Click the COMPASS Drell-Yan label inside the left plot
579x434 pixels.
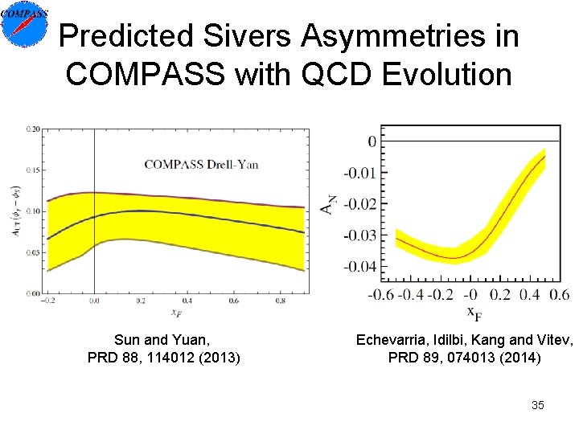pyautogui.click(x=201, y=165)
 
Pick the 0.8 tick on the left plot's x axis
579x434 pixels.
pyautogui.click(x=281, y=301)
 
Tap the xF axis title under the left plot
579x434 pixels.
pyautogui.click(x=175, y=312)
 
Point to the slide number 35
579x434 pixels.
pyautogui.click(x=537, y=405)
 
